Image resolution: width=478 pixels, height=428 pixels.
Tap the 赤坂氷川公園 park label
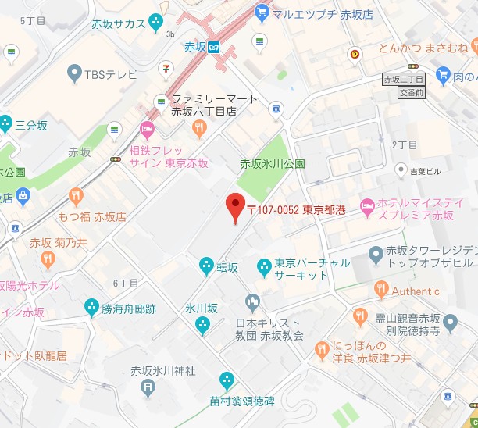tap(272, 164)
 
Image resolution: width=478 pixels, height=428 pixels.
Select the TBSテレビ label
tap(109, 74)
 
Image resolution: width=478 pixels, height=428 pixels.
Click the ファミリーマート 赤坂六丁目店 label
tap(204, 105)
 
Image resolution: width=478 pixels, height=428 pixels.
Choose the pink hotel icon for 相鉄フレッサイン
tap(147, 128)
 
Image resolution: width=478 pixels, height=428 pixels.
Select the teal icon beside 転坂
tap(206, 266)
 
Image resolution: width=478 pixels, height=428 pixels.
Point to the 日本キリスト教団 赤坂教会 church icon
tap(251, 301)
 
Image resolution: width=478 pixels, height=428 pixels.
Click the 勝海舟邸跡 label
tap(128, 309)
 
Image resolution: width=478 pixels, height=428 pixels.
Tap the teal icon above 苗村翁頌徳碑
tap(227, 380)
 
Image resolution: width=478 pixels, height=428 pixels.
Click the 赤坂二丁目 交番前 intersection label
tap(403, 85)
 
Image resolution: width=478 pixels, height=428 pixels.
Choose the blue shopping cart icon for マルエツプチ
tap(262, 12)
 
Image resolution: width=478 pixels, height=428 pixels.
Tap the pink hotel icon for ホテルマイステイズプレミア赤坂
tap(367, 208)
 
